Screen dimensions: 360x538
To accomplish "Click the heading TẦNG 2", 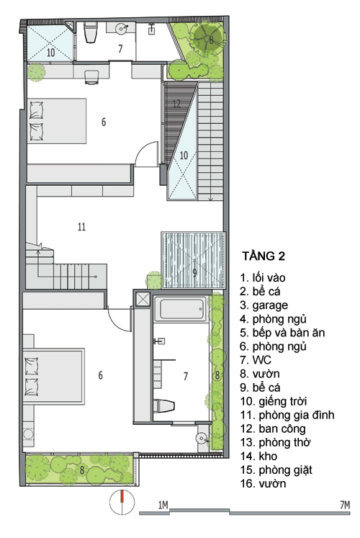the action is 264,256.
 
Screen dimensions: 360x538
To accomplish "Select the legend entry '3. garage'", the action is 264,305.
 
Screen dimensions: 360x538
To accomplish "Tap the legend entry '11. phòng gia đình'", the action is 287,415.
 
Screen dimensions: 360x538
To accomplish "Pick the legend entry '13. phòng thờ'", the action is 275,443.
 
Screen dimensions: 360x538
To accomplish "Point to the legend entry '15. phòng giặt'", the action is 276,470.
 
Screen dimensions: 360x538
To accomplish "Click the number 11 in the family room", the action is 81,227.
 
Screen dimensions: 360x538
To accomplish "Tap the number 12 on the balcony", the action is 176,103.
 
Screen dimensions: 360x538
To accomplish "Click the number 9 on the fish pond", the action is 194,273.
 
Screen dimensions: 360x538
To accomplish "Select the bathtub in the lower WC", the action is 180,309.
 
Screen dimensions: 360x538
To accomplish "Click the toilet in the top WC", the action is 90,32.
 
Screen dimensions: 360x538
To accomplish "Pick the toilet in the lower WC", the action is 164,406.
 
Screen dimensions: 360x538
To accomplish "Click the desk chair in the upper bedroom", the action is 91,78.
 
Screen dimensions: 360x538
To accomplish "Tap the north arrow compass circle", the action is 122,502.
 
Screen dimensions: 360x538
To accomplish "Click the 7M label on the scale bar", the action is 345,505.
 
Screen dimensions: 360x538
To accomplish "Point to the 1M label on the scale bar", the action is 163,505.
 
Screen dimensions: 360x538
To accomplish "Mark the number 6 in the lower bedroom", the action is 101,375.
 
